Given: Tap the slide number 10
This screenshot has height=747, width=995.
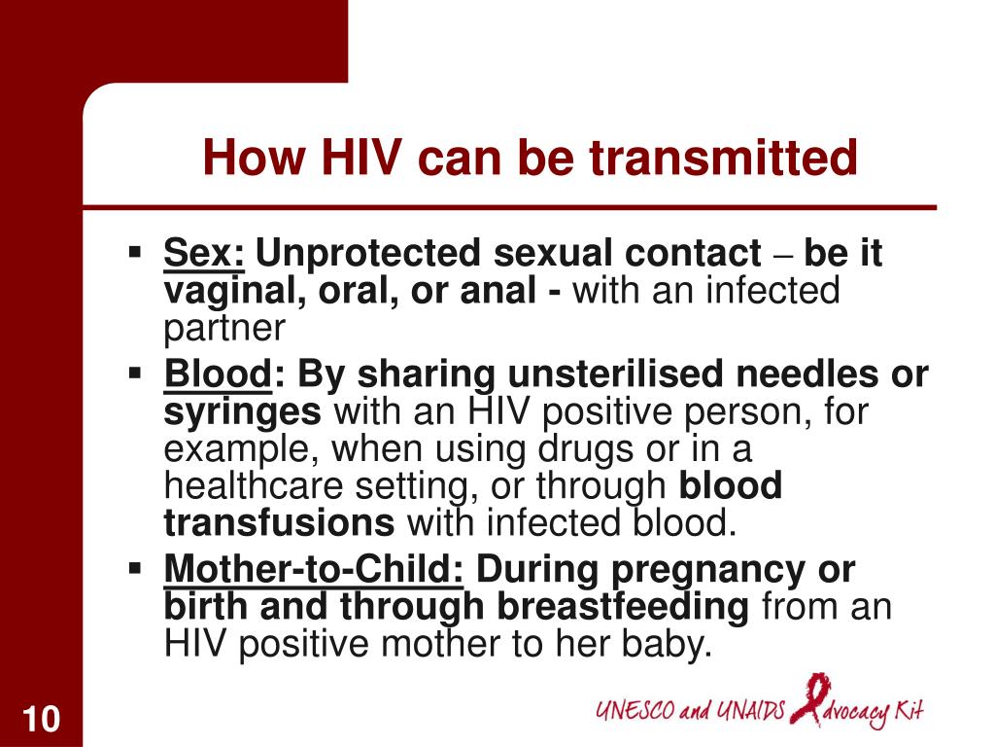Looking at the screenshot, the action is click(x=41, y=719).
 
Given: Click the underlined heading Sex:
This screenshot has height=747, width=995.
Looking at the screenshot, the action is click(x=204, y=253).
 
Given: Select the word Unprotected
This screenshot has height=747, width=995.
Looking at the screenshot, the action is click(x=367, y=254).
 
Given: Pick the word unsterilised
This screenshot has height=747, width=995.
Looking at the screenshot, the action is click(x=615, y=373).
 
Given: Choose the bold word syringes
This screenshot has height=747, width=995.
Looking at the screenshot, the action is click(x=242, y=413).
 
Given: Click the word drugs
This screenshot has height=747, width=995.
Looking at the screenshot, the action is click(x=586, y=449).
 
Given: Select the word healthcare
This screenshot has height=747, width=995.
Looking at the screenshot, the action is click(x=254, y=486).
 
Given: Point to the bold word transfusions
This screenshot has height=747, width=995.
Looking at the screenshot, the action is click(x=279, y=522).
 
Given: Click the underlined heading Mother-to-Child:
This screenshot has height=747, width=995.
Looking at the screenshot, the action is click(x=314, y=568).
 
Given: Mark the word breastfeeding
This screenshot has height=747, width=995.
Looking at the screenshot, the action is click(x=623, y=607).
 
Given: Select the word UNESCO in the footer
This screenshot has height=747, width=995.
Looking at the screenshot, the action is click(x=635, y=710).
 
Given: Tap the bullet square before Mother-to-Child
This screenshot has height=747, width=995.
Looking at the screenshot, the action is click(x=134, y=567).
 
